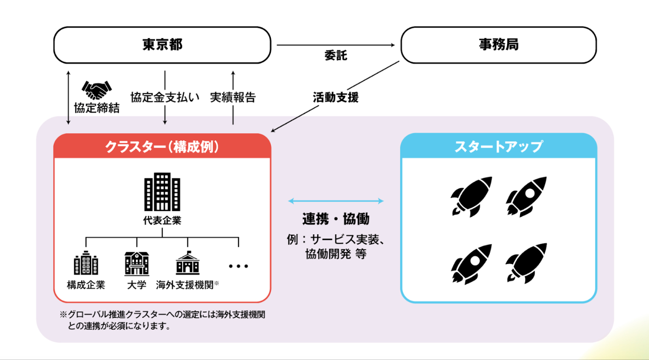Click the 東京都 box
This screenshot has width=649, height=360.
(162, 45)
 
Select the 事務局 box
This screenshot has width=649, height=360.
(498, 45)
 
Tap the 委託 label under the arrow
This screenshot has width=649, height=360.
(335, 56)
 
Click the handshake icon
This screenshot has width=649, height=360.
(97, 89)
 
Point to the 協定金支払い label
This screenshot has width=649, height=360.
(165, 97)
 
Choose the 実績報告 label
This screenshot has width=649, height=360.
(233, 97)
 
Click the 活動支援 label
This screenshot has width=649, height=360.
(335, 97)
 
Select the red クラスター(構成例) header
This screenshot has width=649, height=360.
(162, 146)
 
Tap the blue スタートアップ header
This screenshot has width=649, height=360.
(498, 146)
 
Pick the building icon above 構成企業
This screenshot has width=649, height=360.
(86, 263)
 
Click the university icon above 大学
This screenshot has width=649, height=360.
(137, 263)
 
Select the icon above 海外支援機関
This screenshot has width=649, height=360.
(187, 263)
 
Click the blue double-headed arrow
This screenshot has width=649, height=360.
(336, 201)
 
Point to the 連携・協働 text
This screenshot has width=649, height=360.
(336, 219)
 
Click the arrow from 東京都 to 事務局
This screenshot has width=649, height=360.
(336, 45)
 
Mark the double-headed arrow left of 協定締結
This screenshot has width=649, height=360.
(69, 97)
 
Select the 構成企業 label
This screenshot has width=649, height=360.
(86, 285)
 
